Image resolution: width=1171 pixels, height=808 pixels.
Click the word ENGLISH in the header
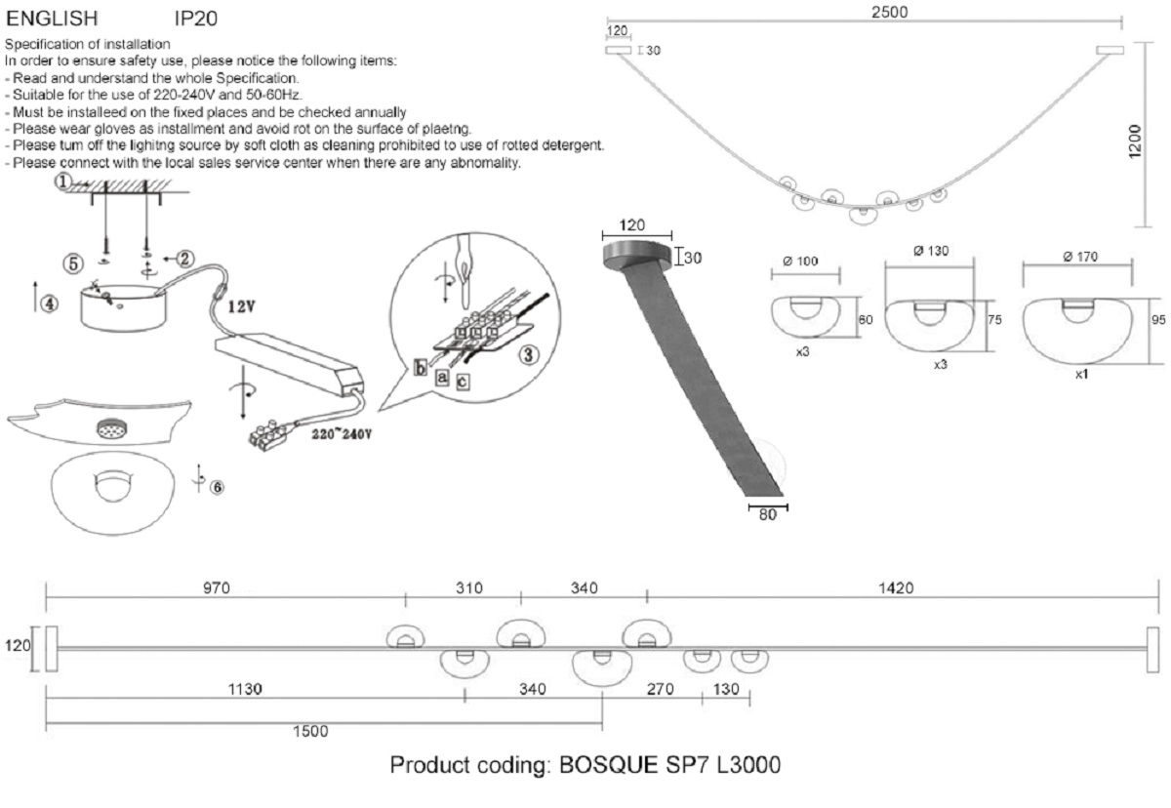52,18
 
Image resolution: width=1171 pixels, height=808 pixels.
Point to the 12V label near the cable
242,305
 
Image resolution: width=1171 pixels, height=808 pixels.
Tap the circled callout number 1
62,182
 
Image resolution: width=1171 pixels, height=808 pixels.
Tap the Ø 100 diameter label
800,261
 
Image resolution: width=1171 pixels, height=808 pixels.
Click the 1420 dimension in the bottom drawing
896,587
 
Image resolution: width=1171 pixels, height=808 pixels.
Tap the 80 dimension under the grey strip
767,516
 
